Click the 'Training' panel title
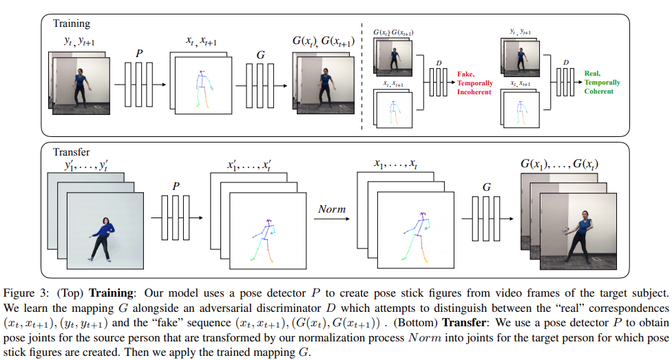click(71, 23)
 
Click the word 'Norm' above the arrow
click(331, 209)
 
